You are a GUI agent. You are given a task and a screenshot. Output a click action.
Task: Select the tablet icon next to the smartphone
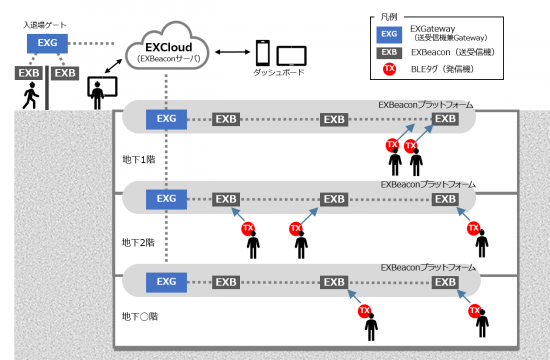point(291,55)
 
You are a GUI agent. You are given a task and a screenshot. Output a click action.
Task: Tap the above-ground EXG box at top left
point(47,44)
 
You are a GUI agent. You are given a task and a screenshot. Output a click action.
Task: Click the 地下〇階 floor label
point(139,315)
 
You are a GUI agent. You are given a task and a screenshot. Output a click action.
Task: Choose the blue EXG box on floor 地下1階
point(166,119)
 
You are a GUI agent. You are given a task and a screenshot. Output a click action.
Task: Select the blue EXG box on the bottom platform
point(166,281)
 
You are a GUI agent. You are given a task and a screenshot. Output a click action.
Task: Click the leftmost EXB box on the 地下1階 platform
point(226,120)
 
